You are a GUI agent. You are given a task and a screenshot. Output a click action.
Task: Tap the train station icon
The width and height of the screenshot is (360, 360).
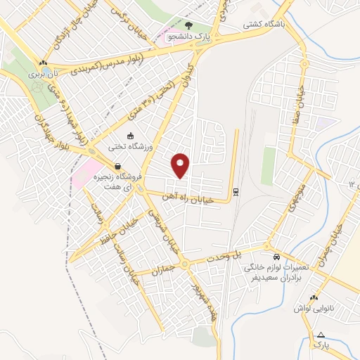pyautogui.click(x=236, y=191)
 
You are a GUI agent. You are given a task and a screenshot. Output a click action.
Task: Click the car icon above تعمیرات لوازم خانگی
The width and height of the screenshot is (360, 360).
pyautogui.click(x=278, y=257)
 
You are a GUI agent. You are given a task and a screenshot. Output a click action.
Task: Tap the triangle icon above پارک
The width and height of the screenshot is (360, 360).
pyautogui.click(x=321, y=335)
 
